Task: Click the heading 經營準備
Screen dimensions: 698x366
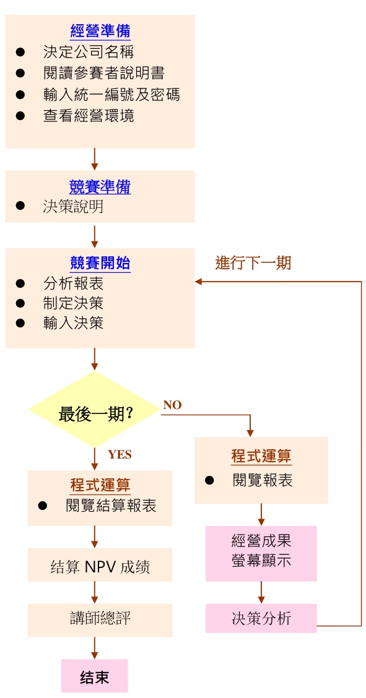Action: [100, 30]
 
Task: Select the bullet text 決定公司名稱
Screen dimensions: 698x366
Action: [88, 52]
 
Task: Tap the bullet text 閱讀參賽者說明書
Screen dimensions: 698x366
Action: [103, 73]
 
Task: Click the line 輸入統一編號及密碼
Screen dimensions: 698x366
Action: [111, 94]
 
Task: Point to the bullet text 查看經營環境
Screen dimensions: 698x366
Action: [88, 115]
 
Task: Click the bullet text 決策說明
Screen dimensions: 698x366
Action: [73, 207]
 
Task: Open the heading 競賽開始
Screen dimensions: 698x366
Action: [100, 263]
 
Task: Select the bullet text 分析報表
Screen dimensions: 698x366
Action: [73, 283]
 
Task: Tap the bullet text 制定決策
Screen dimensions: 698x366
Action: [73, 303]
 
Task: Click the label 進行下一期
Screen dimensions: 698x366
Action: [253, 262]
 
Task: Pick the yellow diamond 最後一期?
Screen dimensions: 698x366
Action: [95, 414]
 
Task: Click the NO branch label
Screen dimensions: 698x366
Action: [172, 405]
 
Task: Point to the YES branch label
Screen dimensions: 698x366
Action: [120, 454]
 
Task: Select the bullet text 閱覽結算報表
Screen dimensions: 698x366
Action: [111, 506]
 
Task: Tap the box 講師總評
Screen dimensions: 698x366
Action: [100, 618]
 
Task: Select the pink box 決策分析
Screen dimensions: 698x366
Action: [261, 618]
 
